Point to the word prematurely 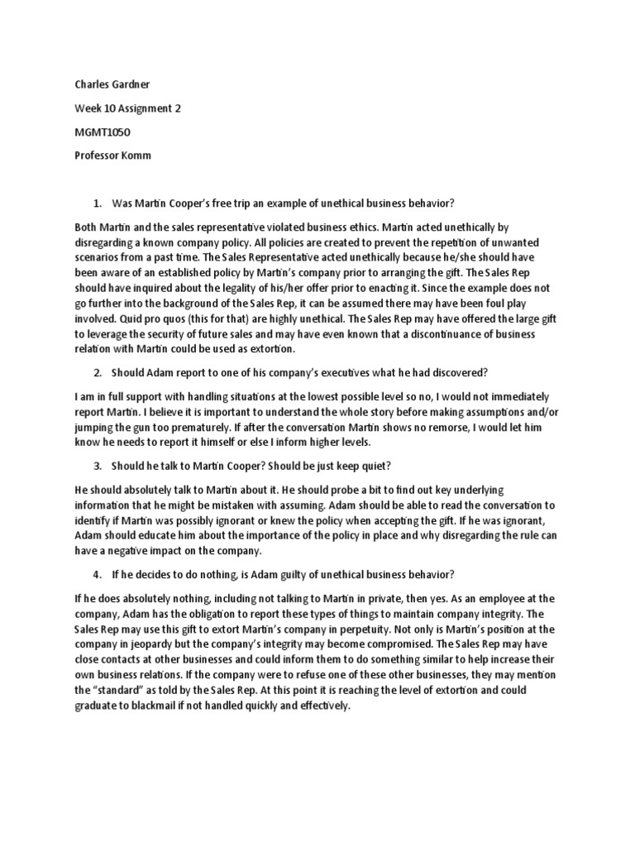point(213,428)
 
